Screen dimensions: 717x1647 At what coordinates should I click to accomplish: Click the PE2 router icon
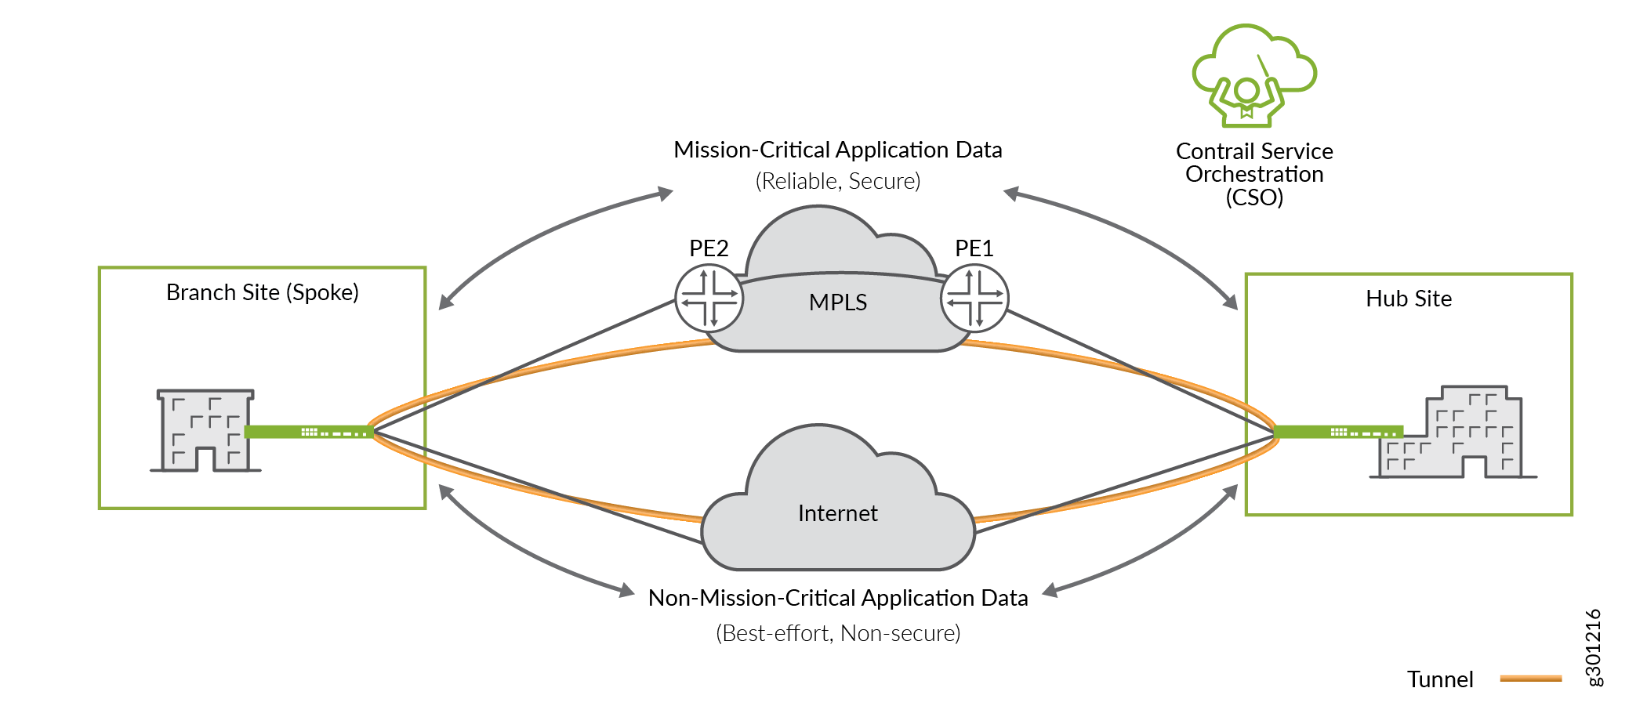coord(709,299)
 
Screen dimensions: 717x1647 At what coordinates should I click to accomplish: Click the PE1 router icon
coord(974,299)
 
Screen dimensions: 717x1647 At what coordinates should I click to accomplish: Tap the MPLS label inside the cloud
coord(838,302)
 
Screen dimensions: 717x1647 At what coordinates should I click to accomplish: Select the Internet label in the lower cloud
coord(837,513)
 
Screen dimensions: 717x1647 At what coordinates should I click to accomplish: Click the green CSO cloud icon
coord(1253,75)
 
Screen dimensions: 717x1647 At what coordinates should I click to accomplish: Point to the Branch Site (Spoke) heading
coord(263,292)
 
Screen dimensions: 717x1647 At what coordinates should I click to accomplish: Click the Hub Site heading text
coord(1409,299)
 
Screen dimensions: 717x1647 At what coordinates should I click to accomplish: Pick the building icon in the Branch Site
coord(205,430)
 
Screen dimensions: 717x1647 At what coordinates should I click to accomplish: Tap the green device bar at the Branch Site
coord(308,432)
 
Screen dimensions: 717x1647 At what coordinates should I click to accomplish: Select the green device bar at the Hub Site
coord(1337,432)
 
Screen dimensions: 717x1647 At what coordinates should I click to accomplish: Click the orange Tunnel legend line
coord(1530,679)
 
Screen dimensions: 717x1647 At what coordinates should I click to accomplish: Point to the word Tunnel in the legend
coord(1440,679)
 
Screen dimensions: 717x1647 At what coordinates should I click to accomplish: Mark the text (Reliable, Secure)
coord(838,181)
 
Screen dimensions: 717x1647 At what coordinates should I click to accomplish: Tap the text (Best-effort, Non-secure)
coord(838,633)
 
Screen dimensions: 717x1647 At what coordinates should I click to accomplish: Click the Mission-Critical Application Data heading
coord(838,150)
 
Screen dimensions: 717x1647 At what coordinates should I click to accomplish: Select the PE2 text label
coord(709,248)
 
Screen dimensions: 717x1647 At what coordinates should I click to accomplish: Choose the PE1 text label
coord(974,248)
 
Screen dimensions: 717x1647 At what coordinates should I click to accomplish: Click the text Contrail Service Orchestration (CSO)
coord(1254,174)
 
